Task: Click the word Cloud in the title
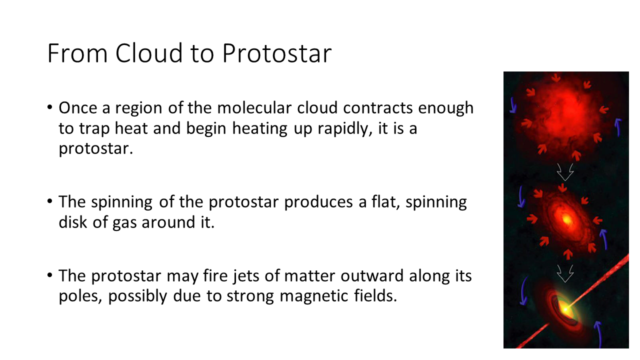click(x=148, y=53)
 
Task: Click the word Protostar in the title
click(x=276, y=53)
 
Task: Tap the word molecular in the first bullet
click(x=254, y=108)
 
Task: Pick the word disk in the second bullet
click(x=72, y=222)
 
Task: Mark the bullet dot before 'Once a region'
click(x=49, y=107)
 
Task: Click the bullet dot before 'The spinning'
click(x=49, y=201)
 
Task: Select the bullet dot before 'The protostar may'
click(x=49, y=275)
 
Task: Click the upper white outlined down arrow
click(x=565, y=172)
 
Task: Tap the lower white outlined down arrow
click(x=565, y=273)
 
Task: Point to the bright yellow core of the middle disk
click(x=566, y=219)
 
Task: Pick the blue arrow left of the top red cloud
click(x=513, y=105)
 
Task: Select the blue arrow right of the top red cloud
click(x=617, y=127)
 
